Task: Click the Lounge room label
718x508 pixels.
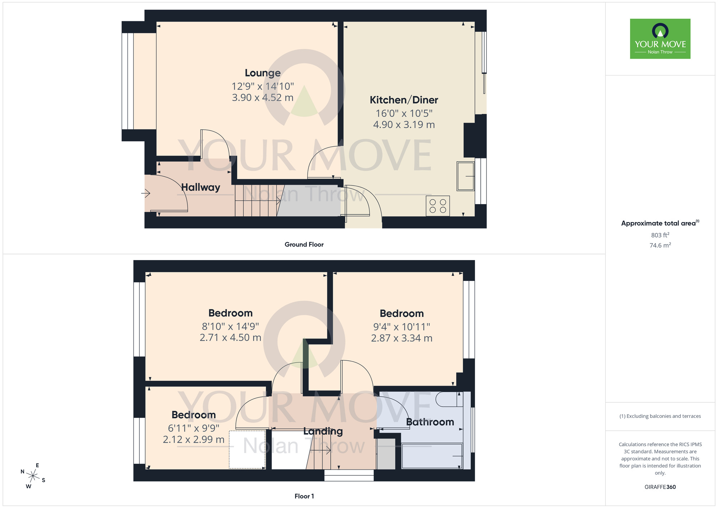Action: point(262,73)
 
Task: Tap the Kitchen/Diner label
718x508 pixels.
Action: point(404,100)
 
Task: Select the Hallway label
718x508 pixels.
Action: point(200,187)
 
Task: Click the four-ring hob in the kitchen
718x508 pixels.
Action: point(438,206)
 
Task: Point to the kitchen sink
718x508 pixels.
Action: point(465,176)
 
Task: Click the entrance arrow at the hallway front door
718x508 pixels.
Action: point(146,194)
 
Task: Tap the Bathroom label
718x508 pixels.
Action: point(430,422)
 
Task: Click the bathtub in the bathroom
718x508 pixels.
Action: point(432,456)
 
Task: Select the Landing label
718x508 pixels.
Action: point(323,431)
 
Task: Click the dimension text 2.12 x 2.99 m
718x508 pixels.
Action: point(194,439)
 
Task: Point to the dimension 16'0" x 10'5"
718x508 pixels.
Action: point(404,114)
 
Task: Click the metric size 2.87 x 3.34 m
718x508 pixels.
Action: point(401,338)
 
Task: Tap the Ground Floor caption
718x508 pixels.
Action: point(304,245)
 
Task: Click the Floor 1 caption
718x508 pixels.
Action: point(304,496)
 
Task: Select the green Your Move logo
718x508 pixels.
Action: point(660,39)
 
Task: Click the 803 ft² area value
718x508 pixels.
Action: point(660,235)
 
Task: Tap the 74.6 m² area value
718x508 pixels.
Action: point(660,245)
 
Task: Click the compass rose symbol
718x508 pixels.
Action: point(33,476)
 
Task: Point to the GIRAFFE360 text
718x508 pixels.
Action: point(660,487)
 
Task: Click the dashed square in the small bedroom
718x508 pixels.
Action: point(247,449)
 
